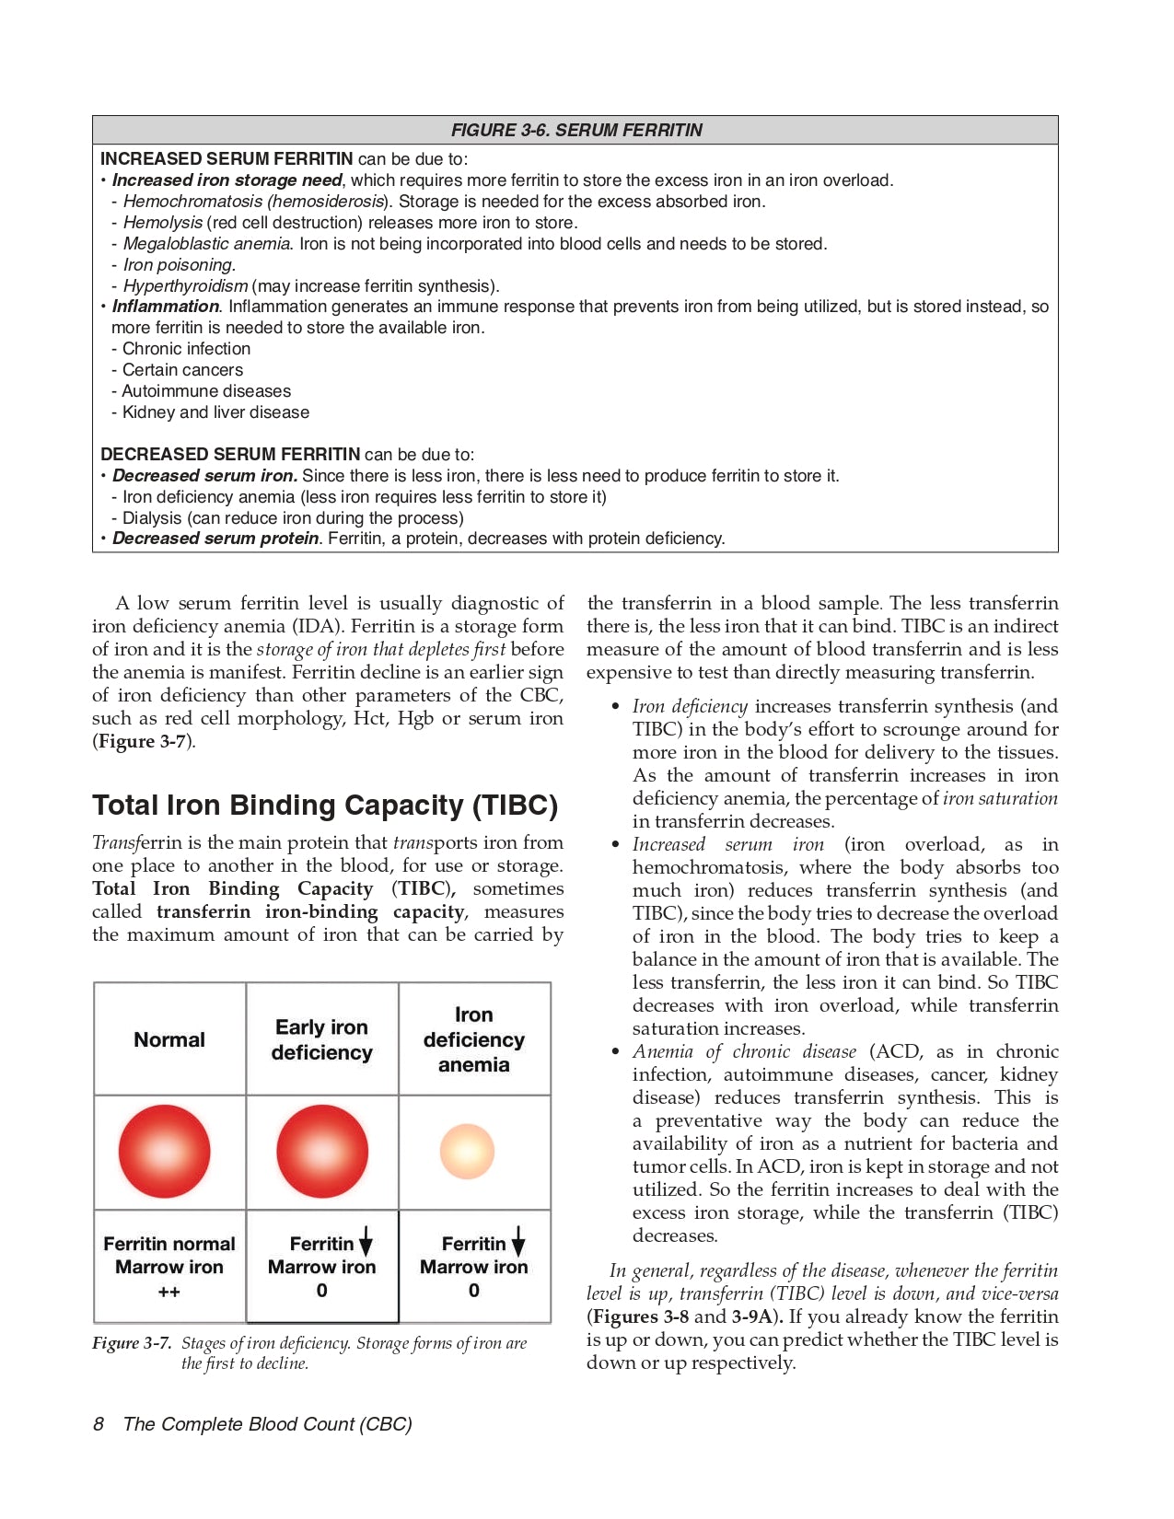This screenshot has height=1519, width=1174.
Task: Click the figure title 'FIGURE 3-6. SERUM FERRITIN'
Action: click(575, 130)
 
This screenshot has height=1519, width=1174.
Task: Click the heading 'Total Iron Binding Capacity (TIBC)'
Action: click(325, 806)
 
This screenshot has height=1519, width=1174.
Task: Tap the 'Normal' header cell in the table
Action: click(169, 1039)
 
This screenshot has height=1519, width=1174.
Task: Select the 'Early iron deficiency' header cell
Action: click(321, 1039)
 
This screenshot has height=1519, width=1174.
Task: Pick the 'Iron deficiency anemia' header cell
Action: click(473, 1039)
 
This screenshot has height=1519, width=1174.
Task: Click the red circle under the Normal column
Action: click(165, 1151)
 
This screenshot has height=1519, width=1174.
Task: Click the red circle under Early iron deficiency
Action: click(322, 1151)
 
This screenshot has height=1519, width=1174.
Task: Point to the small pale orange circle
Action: click(468, 1151)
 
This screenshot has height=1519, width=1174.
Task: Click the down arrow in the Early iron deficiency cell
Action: click(366, 1242)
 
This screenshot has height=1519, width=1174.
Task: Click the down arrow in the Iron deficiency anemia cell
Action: click(518, 1242)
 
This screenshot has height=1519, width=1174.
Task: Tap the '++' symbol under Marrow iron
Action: click(169, 1292)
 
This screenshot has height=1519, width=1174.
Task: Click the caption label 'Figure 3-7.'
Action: click(132, 1343)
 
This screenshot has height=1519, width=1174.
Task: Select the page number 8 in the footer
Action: click(99, 1424)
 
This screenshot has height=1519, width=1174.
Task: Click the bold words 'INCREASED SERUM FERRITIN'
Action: click(227, 158)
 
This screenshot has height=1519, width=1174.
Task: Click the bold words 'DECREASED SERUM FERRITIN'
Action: click(230, 454)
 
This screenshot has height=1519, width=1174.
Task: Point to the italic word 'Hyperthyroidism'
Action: click(185, 285)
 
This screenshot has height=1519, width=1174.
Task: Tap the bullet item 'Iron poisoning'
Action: click(179, 264)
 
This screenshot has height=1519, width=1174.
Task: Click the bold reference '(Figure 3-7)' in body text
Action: click(144, 741)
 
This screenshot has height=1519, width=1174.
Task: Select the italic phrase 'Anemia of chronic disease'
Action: click(744, 1051)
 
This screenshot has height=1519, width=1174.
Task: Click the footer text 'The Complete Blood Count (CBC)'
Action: click(267, 1424)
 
